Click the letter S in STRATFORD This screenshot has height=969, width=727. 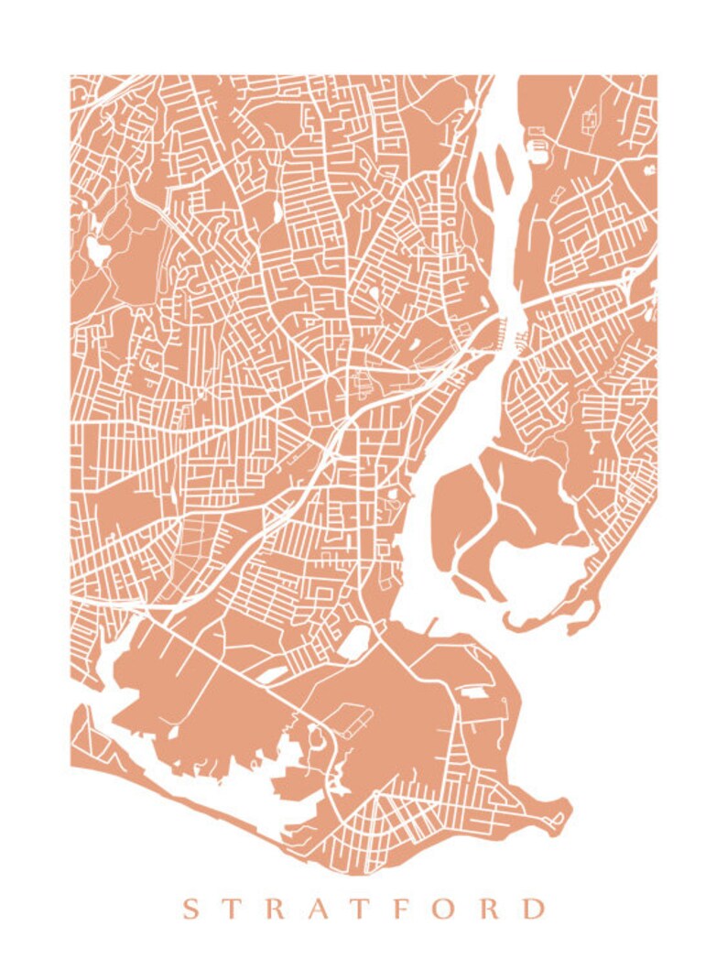[190, 909]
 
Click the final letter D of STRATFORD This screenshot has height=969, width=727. [533, 909]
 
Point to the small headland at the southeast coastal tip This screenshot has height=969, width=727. [557, 812]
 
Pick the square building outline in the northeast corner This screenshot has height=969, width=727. [589, 117]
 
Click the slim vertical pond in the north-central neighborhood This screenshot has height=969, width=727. [276, 212]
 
